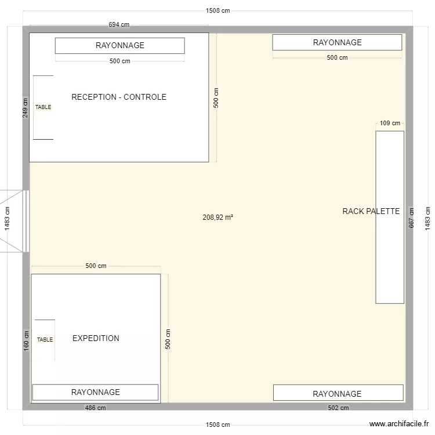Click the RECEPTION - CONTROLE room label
(119, 97)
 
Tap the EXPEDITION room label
(96, 338)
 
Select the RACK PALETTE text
(371, 211)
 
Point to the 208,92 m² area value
(217, 217)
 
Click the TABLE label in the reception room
(43, 107)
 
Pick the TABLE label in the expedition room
(45, 339)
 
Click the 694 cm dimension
(119, 24)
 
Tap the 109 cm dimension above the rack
(390, 123)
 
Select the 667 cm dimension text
(411, 218)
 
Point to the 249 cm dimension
(26, 108)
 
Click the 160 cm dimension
(26, 340)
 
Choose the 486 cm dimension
(95, 408)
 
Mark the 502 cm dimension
(338, 408)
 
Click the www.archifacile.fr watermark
(399, 424)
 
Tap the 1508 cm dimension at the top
(217, 10)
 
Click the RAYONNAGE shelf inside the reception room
(120, 46)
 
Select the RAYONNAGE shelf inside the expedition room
(96, 392)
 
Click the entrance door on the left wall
(14, 221)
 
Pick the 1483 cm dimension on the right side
(427, 218)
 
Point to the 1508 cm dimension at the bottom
(217, 425)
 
